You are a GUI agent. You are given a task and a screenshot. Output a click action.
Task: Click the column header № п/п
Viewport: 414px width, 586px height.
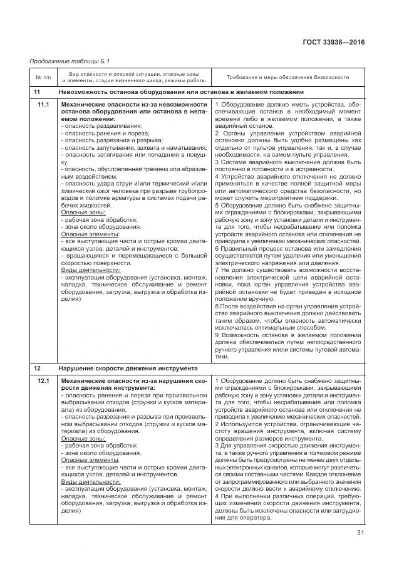42,77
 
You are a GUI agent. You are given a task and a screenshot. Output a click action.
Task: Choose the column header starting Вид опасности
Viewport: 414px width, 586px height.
133,77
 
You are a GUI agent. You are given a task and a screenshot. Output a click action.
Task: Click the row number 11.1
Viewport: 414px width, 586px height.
43,104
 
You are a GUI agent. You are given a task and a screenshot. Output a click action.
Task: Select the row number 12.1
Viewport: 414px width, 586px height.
43,381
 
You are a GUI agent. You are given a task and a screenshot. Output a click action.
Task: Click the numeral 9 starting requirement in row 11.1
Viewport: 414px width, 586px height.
216,335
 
